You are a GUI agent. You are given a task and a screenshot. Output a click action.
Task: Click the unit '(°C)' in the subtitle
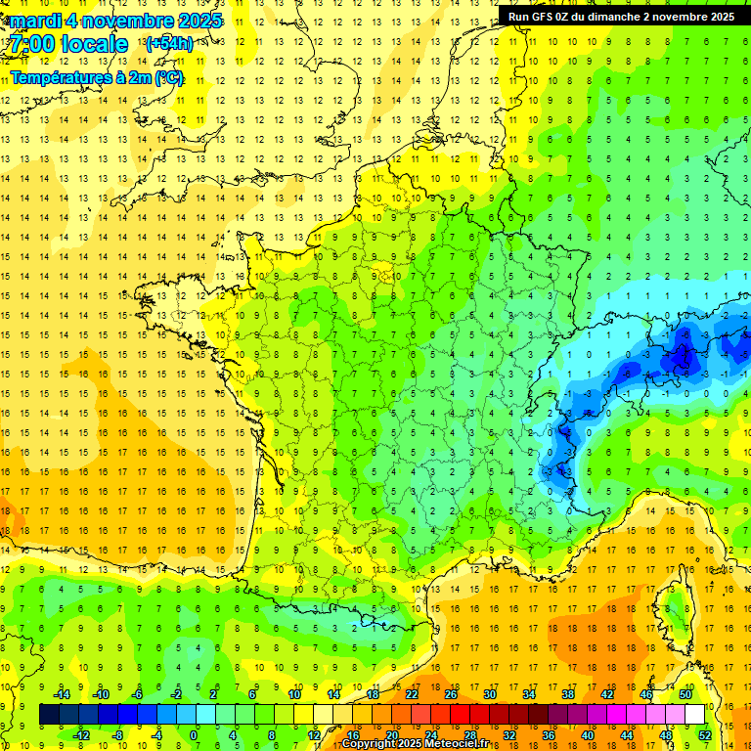[166, 77]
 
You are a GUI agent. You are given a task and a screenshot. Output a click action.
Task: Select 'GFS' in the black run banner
[545, 17]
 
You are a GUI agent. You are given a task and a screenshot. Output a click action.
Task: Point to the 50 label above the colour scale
[685, 694]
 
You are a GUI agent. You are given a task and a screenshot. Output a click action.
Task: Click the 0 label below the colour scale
[194, 735]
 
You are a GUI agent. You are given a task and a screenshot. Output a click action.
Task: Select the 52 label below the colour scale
[705, 735]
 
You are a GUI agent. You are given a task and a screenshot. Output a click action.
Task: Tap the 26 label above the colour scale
[451, 694]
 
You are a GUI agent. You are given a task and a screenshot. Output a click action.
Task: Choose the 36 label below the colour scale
[548, 735]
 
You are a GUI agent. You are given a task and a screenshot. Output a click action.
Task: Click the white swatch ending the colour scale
[694, 715]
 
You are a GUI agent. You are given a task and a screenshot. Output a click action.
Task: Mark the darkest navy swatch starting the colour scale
[49, 715]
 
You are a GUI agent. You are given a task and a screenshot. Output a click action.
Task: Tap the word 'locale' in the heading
[94, 44]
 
